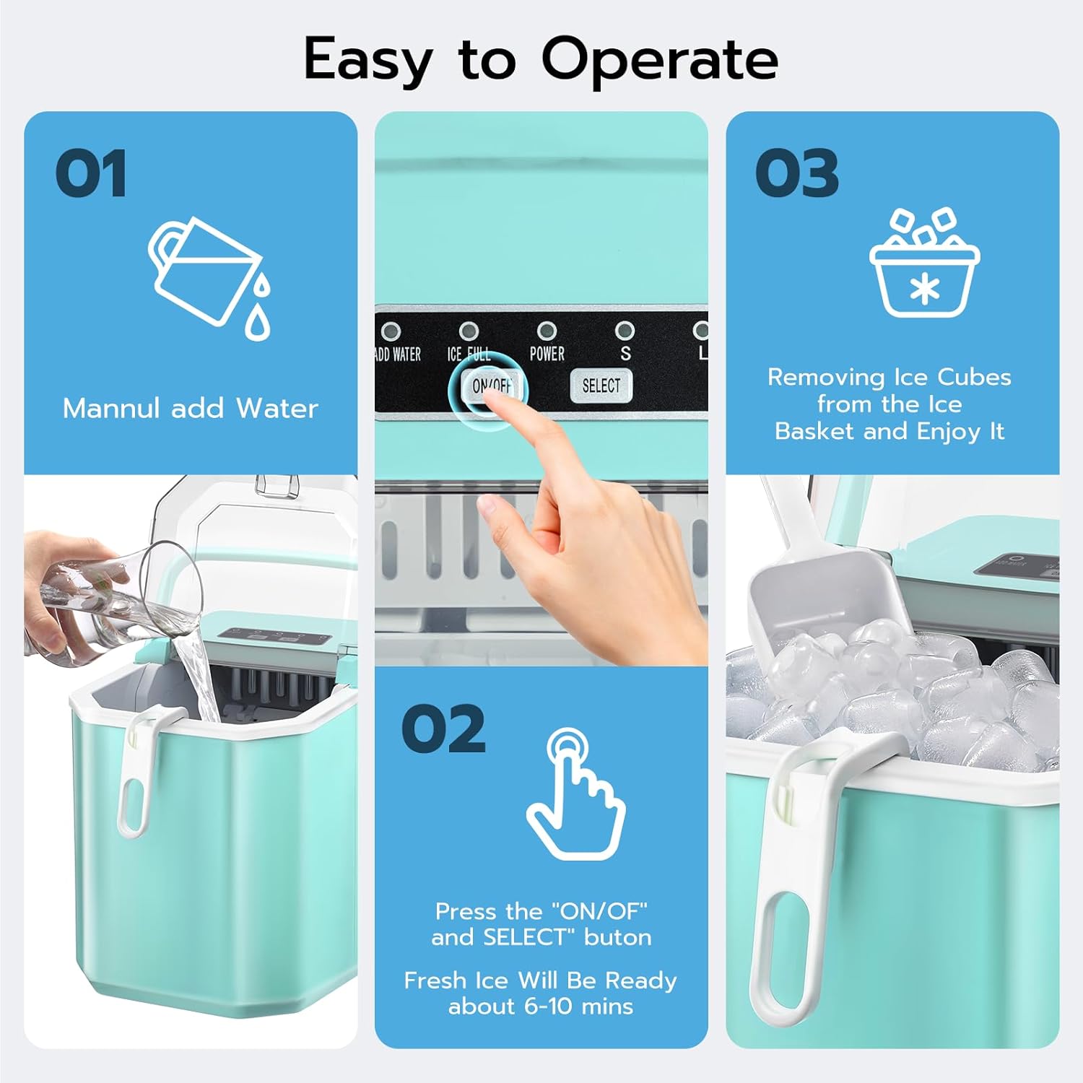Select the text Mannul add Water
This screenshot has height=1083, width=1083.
coord(190,409)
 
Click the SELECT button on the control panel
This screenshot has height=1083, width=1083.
coord(601,386)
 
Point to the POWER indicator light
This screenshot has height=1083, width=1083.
coord(547,331)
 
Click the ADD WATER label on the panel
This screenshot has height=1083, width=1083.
coord(398,355)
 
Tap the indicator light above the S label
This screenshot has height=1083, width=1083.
coord(625,331)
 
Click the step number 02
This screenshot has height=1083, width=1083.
coord(443,729)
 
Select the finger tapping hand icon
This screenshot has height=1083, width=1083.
coord(575,794)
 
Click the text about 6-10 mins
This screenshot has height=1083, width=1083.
coord(540,1006)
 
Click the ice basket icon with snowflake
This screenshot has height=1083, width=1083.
coord(924,267)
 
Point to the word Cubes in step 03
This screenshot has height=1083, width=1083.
coord(974,377)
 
